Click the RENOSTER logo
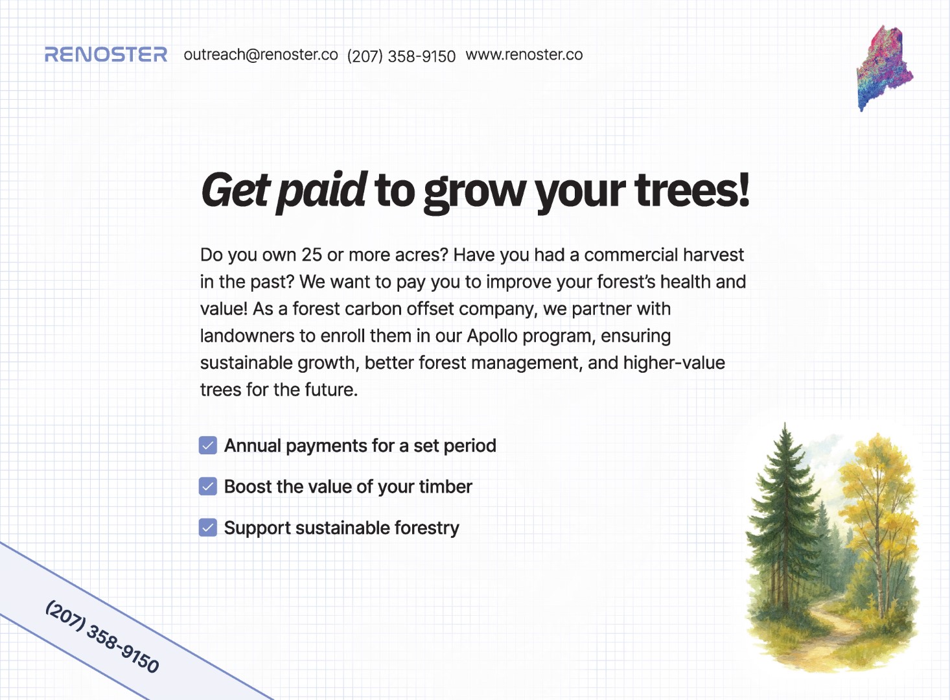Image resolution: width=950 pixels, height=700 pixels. click(106, 54)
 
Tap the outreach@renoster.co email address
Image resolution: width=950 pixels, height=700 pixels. click(261, 54)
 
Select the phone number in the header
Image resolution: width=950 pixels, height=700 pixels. click(401, 56)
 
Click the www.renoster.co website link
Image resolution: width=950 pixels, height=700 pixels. click(524, 54)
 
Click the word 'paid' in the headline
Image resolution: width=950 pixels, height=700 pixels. click(322, 192)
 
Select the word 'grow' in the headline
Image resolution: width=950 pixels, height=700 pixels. click(474, 193)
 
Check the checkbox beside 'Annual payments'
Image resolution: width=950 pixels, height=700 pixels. click(208, 445)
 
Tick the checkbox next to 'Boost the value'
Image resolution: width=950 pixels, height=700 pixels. click(208, 487)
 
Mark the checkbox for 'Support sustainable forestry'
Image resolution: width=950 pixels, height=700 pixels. click(208, 528)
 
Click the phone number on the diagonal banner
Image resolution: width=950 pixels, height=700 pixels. click(102, 636)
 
